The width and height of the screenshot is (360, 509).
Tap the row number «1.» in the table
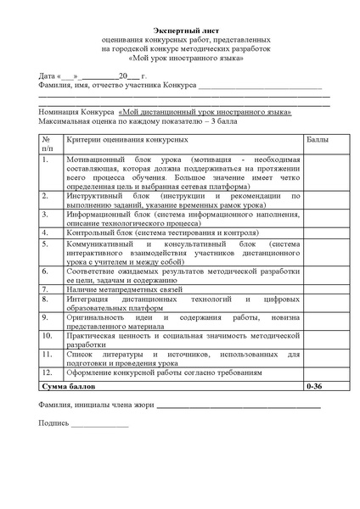click(x=46, y=159)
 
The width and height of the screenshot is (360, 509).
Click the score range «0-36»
click(x=314, y=385)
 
